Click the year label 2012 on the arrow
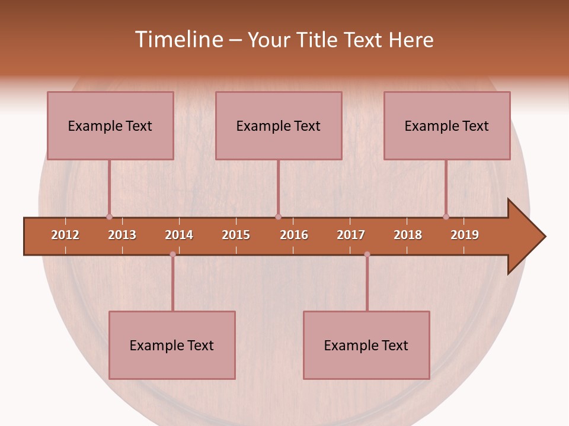[65, 235]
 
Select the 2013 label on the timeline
[122, 235]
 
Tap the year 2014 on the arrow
[179, 235]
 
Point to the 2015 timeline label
[236, 235]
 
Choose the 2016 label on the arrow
[294, 235]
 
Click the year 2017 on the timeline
[351, 235]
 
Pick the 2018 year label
[408, 235]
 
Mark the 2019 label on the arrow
[465, 235]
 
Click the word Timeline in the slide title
[178, 40]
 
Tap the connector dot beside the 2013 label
[109, 217]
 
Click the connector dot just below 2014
[172, 254]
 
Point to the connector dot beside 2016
[278, 217]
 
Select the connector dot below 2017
[367, 254]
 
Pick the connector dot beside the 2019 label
[446, 217]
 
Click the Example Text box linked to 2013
[110, 125]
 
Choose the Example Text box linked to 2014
[172, 345]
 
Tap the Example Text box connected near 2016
[279, 125]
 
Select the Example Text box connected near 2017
[366, 345]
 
